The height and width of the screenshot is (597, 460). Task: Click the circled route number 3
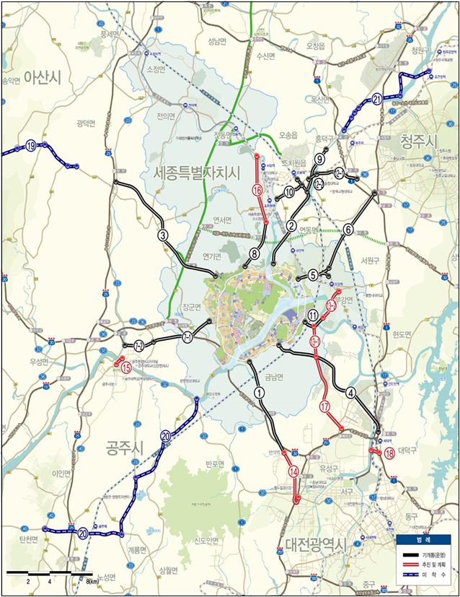(164, 235)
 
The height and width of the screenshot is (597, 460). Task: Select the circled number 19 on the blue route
(31, 146)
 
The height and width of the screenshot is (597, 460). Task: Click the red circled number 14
(293, 471)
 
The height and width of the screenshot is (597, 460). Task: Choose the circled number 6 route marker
(348, 230)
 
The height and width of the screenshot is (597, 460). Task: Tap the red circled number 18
(389, 453)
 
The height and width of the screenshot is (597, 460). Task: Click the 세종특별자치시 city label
(196, 173)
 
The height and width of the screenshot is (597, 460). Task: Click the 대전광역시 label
(316, 544)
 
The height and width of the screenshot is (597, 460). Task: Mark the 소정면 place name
(156, 69)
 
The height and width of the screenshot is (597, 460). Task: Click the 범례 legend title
(425, 539)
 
